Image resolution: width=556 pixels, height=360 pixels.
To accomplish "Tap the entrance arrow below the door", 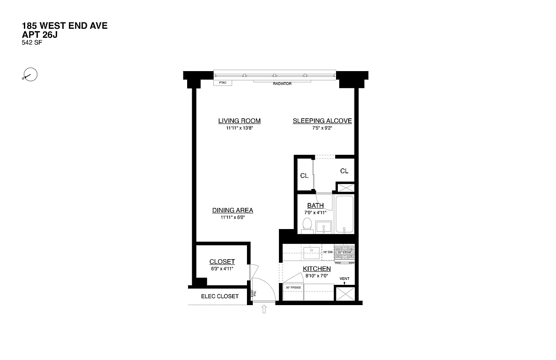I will [264, 309].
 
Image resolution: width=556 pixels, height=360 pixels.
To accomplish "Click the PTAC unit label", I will [223, 83].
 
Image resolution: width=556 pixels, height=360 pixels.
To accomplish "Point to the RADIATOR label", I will [282, 84].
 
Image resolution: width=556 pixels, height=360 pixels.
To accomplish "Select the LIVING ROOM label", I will [239, 121].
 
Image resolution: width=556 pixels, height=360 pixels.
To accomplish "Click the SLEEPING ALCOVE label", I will [322, 121].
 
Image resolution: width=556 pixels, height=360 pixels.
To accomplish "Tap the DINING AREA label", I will [233, 210].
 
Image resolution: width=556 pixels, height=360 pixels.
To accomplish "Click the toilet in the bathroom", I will [308, 225].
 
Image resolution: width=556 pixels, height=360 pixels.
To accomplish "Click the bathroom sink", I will [323, 226].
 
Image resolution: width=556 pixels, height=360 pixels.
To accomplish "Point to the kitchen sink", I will [311, 252].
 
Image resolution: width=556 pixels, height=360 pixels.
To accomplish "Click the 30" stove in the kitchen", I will [344, 252].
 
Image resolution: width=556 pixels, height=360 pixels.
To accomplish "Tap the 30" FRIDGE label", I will [293, 287].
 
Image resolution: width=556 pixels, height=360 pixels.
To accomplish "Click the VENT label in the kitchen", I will [344, 279].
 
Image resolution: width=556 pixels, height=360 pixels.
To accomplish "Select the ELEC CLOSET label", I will [220, 296].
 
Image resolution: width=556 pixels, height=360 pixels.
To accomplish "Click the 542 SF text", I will [32, 43].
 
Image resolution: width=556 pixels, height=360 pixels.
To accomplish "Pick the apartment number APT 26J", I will [43, 34].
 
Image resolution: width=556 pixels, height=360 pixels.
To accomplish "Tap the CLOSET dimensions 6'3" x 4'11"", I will [222, 269].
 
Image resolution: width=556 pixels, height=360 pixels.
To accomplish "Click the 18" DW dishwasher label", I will [327, 252].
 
